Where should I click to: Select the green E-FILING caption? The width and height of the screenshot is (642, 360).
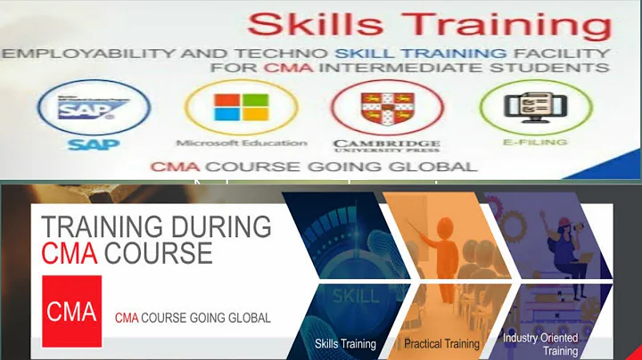coord(524,143)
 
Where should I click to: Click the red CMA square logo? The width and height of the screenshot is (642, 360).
coord(72,310)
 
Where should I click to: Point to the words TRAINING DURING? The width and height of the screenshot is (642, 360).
coord(157,227)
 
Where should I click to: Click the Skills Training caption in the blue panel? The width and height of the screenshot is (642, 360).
coord(345,344)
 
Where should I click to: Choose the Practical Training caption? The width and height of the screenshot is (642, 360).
coord(441,344)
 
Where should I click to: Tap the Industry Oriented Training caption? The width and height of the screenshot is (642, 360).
coord(540,344)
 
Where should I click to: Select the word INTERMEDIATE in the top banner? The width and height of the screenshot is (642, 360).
coord(481,68)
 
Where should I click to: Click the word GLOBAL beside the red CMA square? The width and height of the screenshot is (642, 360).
coord(249,318)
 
